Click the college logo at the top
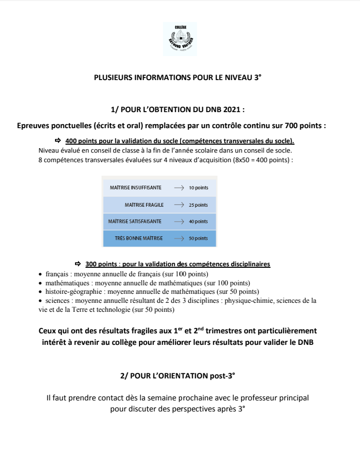pyautogui.click(x=180, y=39)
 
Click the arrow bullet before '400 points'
pyautogui.click(x=57, y=141)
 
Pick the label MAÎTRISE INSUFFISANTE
pyautogui.click(x=135, y=188)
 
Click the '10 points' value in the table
pyautogui.click(x=198, y=188)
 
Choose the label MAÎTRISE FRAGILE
pyautogui.click(x=144, y=205)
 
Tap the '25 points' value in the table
pyautogui.click(x=198, y=205)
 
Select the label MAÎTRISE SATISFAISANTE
pyautogui.click(x=135, y=221)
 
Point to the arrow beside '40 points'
pyautogui.click(x=179, y=221)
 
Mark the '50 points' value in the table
pyautogui.click(x=198, y=239)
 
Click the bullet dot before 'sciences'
pyautogui.click(x=40, y=301)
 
